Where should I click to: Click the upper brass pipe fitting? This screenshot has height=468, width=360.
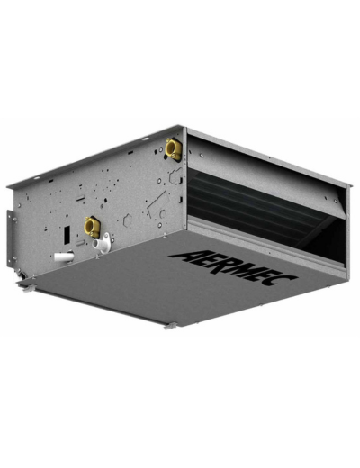pyautogui.click(x=174, y=149)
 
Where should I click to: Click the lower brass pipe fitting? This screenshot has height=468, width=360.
pyautogui.click(x=92, y=228)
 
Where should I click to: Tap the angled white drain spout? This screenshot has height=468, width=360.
pyautogui.click(x=103, y=244)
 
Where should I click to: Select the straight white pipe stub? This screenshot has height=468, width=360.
pyautogui.click(x=64, y=257)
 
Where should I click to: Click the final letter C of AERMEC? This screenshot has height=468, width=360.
pyautogui.click(x=283, y=279)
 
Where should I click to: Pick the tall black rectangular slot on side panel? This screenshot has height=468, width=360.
pyautogui.click(x=67, y=234)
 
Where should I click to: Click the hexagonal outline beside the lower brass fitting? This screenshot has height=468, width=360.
pyautogui.click(x=127, y=220)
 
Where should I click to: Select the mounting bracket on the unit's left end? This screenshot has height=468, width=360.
pyautogui.click(x=11, y=239)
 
